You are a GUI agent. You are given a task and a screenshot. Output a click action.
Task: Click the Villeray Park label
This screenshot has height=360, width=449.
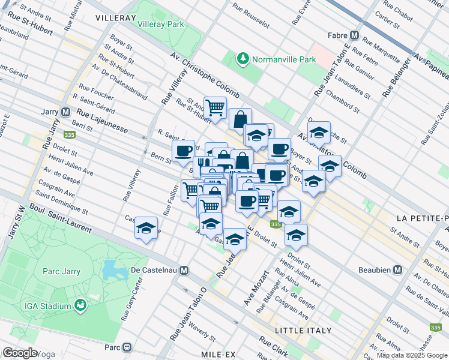coord(160,25)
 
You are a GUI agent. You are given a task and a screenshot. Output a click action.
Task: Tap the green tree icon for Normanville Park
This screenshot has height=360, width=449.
coord(243,59)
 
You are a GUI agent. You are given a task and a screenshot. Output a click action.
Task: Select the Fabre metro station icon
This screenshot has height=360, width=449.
coord(355,35)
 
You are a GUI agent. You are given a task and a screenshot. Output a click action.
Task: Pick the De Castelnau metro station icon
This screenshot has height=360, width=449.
coord(184,270)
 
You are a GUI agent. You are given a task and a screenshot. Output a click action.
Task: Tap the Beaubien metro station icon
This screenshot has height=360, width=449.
coord(397,270)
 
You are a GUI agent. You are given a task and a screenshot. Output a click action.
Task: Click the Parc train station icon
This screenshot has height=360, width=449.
coord(127,347)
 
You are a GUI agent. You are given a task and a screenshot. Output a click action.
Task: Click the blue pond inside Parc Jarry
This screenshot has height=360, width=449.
coord(113,272)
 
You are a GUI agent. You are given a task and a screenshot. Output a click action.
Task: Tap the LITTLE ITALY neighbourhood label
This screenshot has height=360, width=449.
coord(303,331)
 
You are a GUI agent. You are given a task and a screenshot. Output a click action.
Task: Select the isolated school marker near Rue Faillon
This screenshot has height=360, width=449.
coord(146,228)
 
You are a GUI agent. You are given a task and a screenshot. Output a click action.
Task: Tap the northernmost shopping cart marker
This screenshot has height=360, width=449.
coord(215,109)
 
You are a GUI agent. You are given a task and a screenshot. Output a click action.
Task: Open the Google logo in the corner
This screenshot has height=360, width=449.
coord(19,353)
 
